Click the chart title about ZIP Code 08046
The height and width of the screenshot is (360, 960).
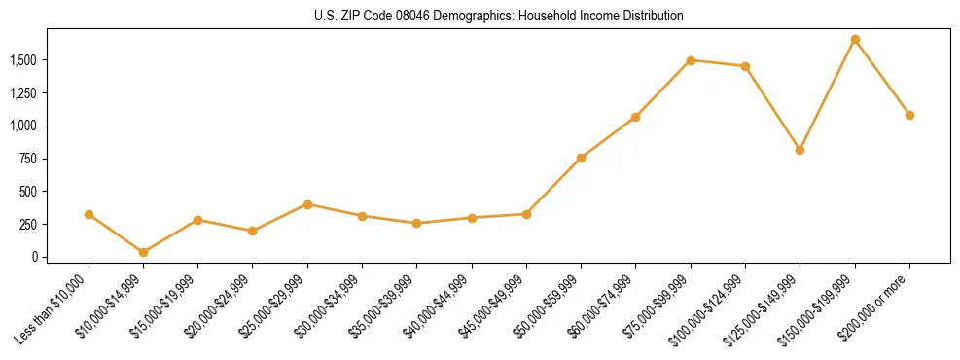click(x=499, y=16)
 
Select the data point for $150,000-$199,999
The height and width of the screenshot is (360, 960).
click(x=855, y=40)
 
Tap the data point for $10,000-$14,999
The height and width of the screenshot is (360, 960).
click(x=143, y=252)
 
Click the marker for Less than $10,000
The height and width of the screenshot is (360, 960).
click(x=89, y=214)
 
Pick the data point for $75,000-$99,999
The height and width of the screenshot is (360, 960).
click(x=691, y=60)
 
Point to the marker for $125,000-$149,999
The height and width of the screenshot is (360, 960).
click(x=800, y=150)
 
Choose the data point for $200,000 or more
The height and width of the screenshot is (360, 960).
click(x=909, y=115)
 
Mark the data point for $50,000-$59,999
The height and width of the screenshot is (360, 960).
click(x=581, y=158)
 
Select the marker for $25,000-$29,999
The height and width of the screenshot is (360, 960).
click(x=307, y=204)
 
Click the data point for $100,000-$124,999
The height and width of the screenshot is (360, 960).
click(x=745, y=66)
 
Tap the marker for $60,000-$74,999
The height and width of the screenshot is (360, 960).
click(x=635, y=117)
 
